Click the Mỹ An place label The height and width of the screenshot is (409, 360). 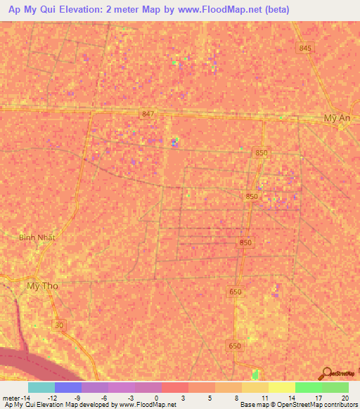click(337, 119)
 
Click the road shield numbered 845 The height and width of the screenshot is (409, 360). click(304, 48)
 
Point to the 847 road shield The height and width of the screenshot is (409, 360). click(147, 114)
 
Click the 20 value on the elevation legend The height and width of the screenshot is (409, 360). click(344, 397)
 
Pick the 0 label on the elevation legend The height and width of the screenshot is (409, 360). click(156, 397)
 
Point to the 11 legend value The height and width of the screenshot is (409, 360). click(262, 397)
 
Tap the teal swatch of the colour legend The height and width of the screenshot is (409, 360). click(41, 387)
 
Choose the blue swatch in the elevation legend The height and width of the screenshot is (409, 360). click(68, 387)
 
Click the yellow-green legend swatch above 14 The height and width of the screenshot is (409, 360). click(282, 387)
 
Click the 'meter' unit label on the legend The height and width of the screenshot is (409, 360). click(13, 397)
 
